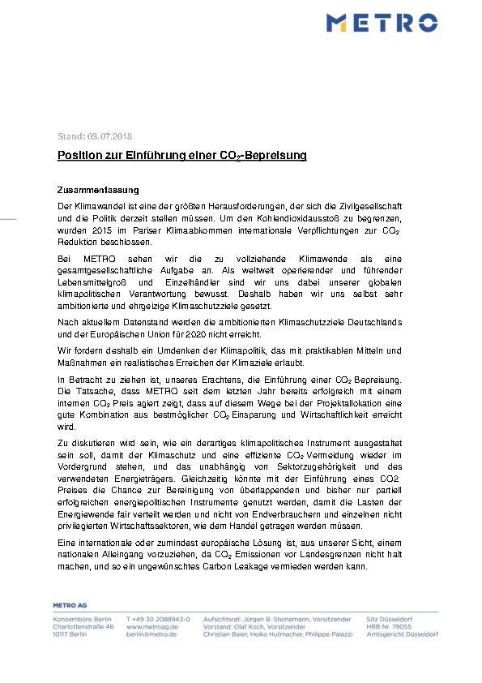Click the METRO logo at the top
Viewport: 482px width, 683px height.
pyautogui.click(x=382, y=22)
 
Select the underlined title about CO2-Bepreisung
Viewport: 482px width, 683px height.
pyautogui.click(x=181, y=155)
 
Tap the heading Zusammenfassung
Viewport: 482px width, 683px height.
pyautogui.click(x=98, y=189)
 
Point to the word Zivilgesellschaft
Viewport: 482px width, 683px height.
pyautogui.click(x=391, y=208)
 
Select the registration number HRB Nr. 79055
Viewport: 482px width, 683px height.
pyautogui.click(x=391, y=627)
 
